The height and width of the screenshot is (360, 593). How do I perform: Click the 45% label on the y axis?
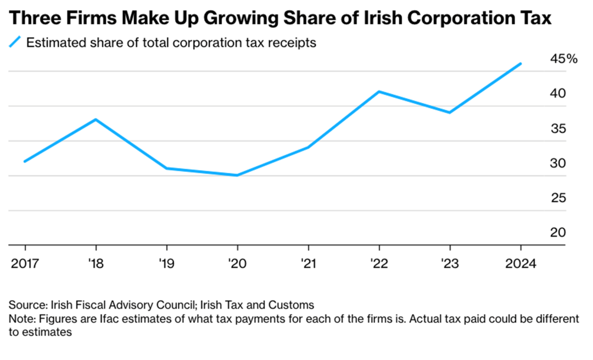point(563,59)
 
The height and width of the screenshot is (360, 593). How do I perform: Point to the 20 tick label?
point(558,233)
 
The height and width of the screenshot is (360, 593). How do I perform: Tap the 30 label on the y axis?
point(558,164)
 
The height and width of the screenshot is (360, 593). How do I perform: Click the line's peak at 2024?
point(521,64)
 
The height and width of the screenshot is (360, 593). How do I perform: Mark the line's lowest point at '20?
point(237,175)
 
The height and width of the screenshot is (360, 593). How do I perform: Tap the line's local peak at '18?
point(96,119)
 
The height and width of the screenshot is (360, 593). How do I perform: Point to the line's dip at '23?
point(450,113)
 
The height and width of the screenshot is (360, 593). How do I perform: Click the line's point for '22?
point(379,91)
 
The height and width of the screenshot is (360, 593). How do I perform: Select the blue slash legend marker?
point(16,42)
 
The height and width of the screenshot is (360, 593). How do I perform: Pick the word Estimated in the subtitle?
point(53,42)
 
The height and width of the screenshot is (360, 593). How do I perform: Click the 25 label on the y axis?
point(558,198)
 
